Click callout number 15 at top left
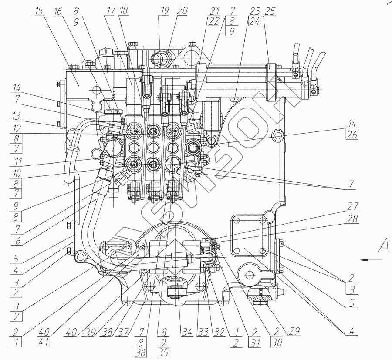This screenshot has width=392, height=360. pos(39,11)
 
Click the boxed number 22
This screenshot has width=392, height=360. pos(213,21)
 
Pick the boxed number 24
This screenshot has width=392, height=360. pos(254,21)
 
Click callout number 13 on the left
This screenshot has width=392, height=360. pos(17,116)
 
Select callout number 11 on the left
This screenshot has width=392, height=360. pos(16,161)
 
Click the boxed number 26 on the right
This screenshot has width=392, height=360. pos(352,135)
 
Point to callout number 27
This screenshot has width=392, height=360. pos(352,206)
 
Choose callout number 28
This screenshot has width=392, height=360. pos(352,219)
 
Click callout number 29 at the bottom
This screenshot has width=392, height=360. pos(294,331)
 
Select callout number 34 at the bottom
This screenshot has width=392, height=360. pos(186,333)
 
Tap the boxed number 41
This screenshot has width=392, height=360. pos(44,342)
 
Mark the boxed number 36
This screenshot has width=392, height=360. pos(141,353)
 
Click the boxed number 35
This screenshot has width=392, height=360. pos(163,353)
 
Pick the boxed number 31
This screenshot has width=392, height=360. pos(254,342)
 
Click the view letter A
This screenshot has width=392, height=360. pos(383,246)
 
